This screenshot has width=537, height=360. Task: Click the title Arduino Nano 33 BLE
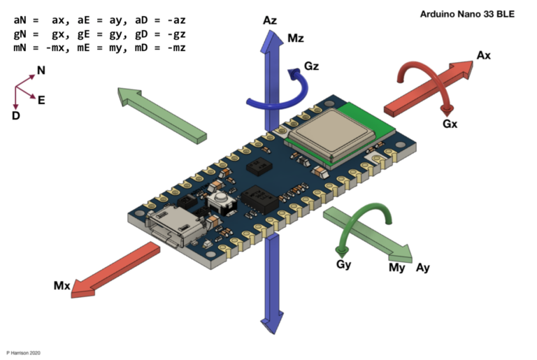466,13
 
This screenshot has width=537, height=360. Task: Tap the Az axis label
271,21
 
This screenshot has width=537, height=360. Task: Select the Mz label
296,38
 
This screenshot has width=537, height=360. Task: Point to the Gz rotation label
313,67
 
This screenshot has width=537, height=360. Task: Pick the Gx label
450,123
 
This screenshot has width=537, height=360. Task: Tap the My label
396,268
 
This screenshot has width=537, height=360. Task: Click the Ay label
424,268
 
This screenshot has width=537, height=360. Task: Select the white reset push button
221,203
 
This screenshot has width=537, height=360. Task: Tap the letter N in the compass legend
41,71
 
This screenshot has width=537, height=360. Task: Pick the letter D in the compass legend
15,115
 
